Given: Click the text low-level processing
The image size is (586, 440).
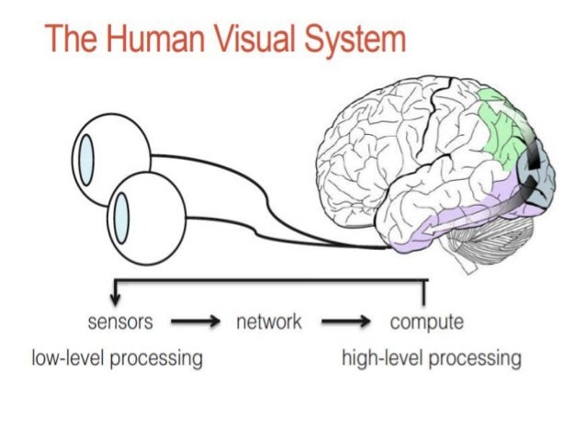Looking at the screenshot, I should pos(116,357).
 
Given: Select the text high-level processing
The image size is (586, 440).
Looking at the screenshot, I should pos(431,357).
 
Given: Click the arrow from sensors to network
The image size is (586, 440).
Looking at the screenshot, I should pos(195,322).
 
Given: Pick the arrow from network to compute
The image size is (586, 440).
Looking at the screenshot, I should pos(344,322).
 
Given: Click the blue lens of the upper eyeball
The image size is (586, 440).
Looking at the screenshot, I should pos(85,159).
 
